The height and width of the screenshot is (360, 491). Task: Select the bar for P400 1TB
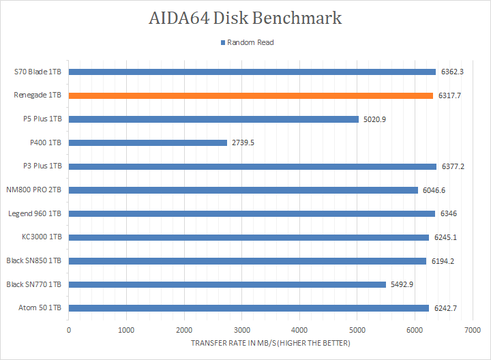pyautogui.click(x=148, y=142)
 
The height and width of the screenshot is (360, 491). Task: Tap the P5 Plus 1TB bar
pyautogui.click(x=213, y=119)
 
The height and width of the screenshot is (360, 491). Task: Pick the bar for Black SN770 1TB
pyautogui.click(x=227, y=284)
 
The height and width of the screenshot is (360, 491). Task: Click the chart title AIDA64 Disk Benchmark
pyautogui.click(x=245, y=18)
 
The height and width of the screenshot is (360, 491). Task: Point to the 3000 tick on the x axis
pyautogui.click(x=241, y=330)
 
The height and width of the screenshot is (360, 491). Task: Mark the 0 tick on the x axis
pyautogui.click(x=69, y=330)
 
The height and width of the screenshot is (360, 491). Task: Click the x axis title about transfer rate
pyautogui.click(x=270, y=343)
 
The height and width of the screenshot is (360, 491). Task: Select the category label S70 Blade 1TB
pyautogui.click(x=38, y=72)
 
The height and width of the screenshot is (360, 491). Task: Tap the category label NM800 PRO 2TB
pyautogui.click(x=34, y=190)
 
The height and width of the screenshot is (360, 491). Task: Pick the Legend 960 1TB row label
pyautogui.click(x=35, y=213)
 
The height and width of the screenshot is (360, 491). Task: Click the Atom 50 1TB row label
pyautogui.click(x=40, y=308)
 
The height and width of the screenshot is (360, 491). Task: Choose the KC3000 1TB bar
pyautogui.click(x=249, y=237)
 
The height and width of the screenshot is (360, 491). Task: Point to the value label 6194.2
pyautogui.click(x=443, y=261)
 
